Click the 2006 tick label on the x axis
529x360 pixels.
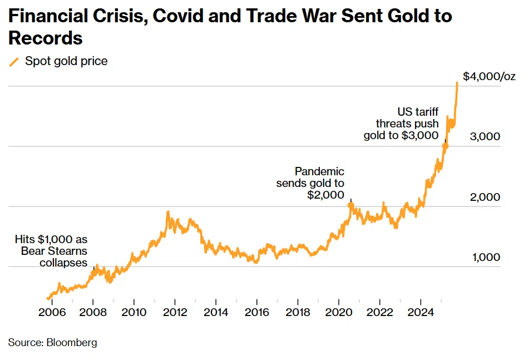point(52,312)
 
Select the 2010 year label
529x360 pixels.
point(134,312)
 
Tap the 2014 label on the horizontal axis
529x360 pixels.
point(216,312)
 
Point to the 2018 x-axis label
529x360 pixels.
point(298,312)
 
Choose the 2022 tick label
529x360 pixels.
point(379,312)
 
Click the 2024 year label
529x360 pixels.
point(421,312)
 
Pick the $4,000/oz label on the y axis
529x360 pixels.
point(489,77)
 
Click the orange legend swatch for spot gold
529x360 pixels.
point(14,62)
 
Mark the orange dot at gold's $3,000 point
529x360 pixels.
point(445,146)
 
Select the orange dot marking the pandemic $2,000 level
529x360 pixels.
point(351,205)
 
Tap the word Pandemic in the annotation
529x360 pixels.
point(319,171)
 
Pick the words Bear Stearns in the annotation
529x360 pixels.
point(54,251)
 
